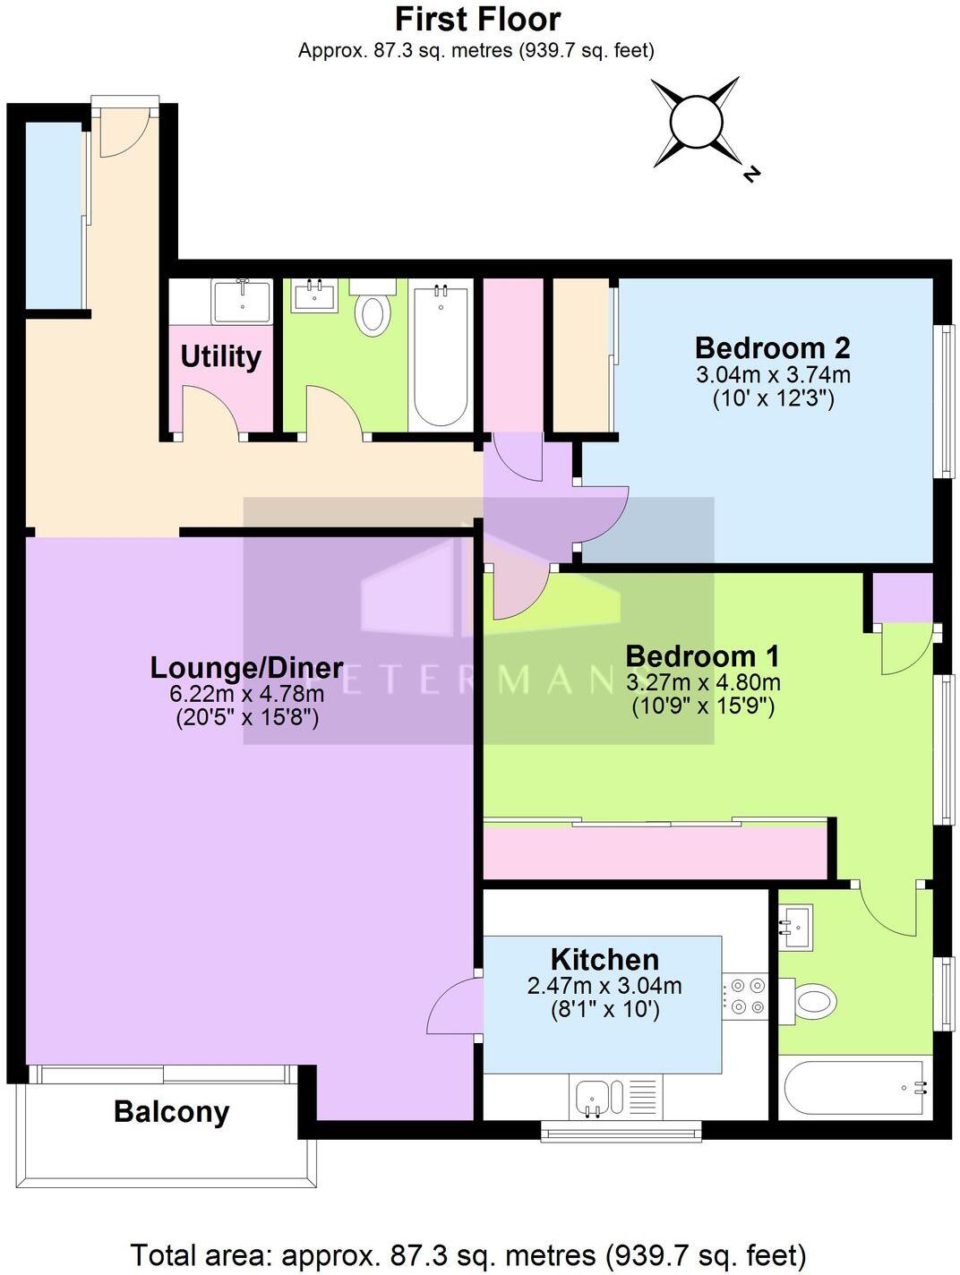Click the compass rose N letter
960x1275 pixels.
(751, 174)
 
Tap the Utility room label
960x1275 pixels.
(220, 356)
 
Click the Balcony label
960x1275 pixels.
(171, 1112)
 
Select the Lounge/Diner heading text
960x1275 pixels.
(246, 667)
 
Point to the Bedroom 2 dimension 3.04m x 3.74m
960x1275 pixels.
(773, 374)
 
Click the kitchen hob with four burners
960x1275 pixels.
(745, 996)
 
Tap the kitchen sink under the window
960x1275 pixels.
(592, 1097)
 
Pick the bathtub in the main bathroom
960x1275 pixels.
(440, 355)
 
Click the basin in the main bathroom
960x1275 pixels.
(314, 295)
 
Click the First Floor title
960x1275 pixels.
(477, 19)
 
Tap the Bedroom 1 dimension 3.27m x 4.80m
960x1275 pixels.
(703, 682)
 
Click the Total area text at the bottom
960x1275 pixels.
(468, 1254)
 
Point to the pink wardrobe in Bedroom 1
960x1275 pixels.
(654, 851)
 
